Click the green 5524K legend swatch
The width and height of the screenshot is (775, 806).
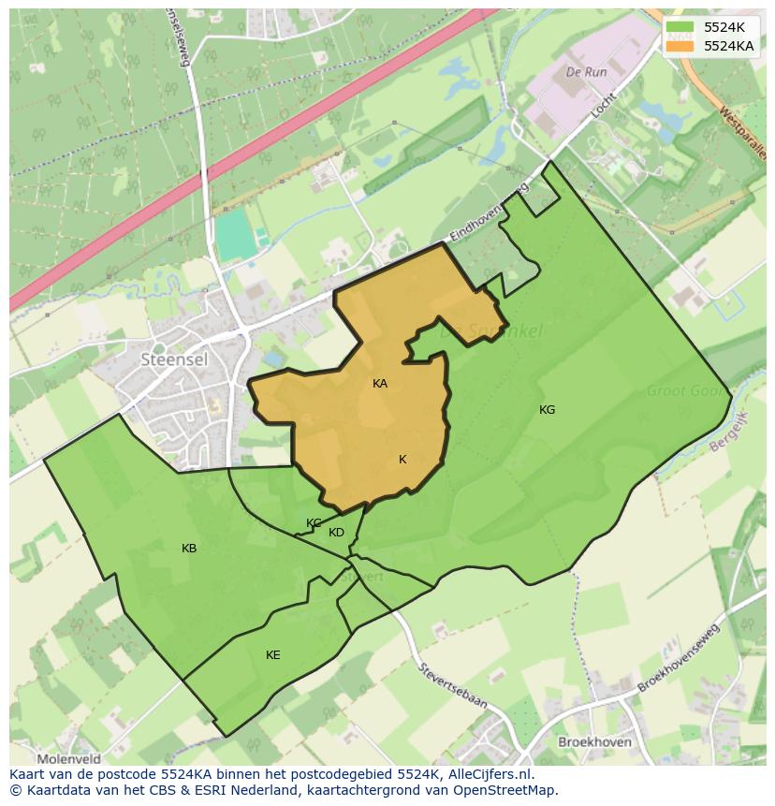point(680,27)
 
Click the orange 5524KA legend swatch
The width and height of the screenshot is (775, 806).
point(680,45)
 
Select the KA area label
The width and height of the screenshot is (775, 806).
point(380,384)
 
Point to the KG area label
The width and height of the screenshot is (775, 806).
point(547,410)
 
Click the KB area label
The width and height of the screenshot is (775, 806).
point(189,549)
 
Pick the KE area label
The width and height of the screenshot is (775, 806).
point(272,655)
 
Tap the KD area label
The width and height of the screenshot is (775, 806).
point(336,533)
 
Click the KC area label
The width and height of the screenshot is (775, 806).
point(314,523)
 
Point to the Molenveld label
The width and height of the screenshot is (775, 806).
point(68,759)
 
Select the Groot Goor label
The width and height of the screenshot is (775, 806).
point(686,391)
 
